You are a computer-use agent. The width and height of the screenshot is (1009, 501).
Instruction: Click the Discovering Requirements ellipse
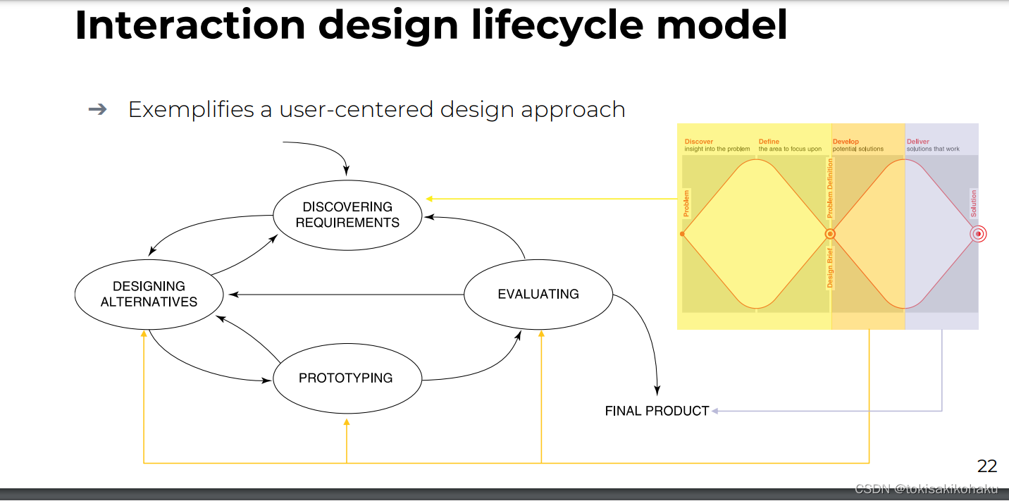pos(347,214)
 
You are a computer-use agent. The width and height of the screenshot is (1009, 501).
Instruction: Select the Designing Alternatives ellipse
pos(149,294)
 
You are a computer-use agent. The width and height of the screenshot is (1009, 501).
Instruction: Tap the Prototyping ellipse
pos(346,378)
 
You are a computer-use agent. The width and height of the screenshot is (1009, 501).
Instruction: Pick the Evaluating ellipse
pos(538,294)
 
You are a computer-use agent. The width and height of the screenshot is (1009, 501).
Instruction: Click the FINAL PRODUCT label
pos(657,411)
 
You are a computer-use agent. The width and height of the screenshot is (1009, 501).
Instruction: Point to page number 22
pos(987,466)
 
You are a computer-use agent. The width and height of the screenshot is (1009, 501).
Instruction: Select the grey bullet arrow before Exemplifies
pos(97,109)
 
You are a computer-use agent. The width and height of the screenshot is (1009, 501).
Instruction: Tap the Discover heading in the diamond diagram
pos(699,142)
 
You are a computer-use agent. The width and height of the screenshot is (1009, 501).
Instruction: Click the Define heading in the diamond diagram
pos(769,142)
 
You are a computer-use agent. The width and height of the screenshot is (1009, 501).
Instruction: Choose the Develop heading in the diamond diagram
pos(846,142)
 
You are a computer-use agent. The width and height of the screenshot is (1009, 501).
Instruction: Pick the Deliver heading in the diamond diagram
pos(918,142)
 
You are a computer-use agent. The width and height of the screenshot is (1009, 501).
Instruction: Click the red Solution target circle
pos(977,233)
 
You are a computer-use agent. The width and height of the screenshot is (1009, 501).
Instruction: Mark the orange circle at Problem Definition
pos(830,233)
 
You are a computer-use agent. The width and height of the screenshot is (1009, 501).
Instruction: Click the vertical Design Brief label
pos(830,268)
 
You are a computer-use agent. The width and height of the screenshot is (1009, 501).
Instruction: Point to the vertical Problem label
pos(686,204)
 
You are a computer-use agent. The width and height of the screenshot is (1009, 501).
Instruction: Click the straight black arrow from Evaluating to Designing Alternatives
pos(345,294)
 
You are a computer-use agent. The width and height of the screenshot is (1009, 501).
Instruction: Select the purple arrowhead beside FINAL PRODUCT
pos(714,411)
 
